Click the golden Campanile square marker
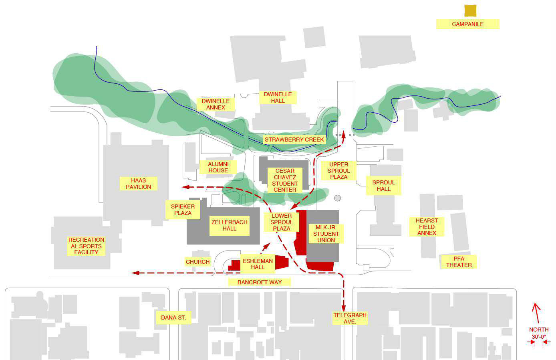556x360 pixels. [x=470, y=10]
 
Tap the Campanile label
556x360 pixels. [x=467, y=24]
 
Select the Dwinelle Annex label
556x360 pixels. [x=216, y=104]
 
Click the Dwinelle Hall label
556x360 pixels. [x=278, y=97]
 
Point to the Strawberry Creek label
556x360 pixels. [x=294, y=140]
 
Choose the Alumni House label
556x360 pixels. [x=218, y=167]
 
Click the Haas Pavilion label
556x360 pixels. [x=138, y=184]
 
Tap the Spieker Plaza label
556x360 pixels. [x=183, y=210]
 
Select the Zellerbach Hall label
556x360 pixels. [x=229, y=225]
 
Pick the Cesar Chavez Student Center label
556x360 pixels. [x=284, y=180]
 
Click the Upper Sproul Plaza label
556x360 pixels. [x=338, y=170]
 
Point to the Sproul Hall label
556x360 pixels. [x=383, y=186]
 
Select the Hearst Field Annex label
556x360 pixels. [x=427, y=227]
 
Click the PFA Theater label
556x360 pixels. [x=459, y=262]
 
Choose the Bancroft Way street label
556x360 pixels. [x=259, y=282]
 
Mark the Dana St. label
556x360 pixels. [x=173, y=318]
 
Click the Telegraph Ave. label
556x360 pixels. [x=350, y=318]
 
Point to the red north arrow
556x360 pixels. [x=536, y=313]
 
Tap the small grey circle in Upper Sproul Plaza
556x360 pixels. [x=337, y=198]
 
